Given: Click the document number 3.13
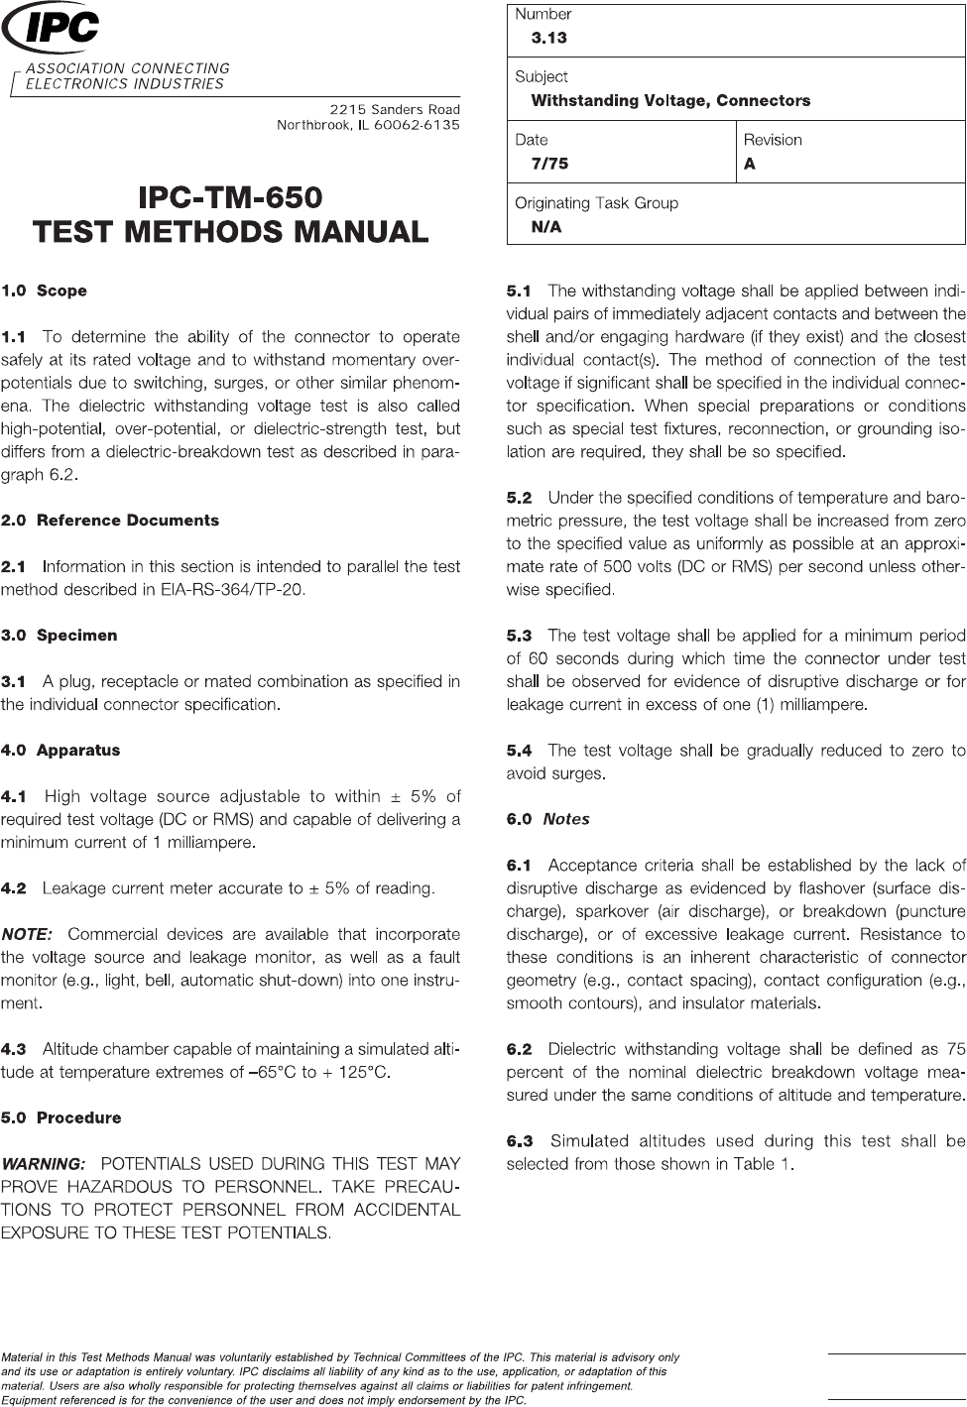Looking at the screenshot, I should [548, 39].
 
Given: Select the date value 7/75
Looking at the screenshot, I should [549, 164].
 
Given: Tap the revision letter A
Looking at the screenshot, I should [750, 164].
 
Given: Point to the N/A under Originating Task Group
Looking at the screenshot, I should [545, 227].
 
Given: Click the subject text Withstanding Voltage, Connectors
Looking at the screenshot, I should [670, 101].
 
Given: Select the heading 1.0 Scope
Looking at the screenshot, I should [45, 292].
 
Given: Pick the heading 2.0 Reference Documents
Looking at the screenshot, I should [110, 521].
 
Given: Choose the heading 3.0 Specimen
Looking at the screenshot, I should [60, 636].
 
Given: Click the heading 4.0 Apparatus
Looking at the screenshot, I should [60, 751].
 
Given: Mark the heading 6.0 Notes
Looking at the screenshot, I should [547, 819].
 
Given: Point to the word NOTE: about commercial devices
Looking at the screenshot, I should [28, 934].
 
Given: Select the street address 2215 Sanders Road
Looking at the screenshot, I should [395, 109].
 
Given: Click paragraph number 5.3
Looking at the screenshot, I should [520, 636].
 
